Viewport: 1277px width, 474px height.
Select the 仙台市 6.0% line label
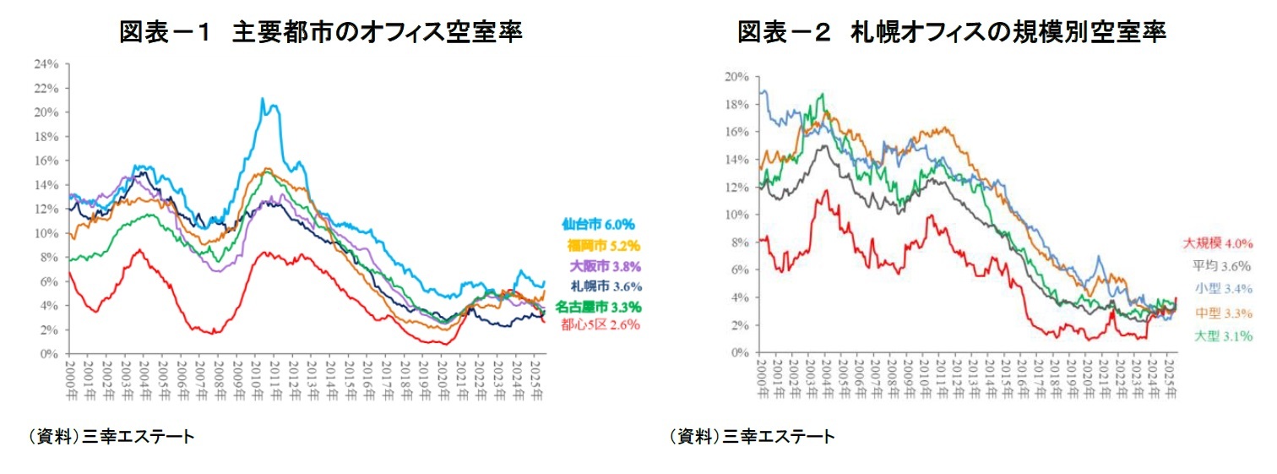tap(598, 225)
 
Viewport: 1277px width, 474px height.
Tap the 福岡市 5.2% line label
tap(602, 246)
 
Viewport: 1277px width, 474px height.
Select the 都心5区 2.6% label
tap(600, 324)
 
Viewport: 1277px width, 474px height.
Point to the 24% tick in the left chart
tap(46, 63)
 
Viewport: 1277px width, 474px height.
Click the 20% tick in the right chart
tap(736, 76)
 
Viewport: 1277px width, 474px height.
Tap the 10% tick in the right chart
tap(736, 215)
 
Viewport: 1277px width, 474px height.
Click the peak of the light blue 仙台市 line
tap(262, 99)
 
